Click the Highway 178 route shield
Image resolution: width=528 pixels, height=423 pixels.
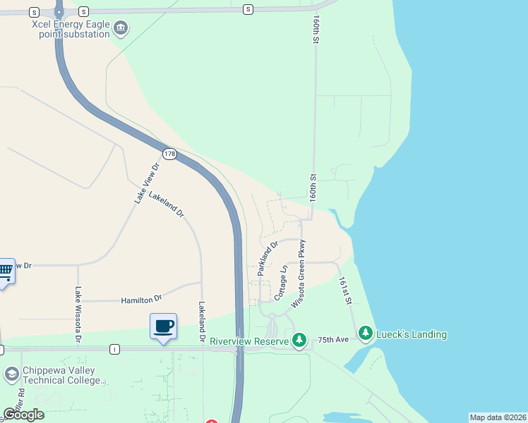click(169, 153)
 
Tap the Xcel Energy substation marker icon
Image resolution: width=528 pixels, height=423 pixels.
click(121, 28)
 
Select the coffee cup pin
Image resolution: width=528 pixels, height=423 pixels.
click(163, 326)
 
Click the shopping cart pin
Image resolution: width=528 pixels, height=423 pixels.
click(5, 270)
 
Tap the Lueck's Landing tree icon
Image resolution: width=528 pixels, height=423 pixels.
click(365, 332)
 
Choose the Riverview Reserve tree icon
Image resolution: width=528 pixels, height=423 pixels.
click(299, 341)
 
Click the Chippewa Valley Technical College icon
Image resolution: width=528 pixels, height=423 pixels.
click(11, 374)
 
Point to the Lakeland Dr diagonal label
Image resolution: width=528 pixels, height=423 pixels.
click(167, 204)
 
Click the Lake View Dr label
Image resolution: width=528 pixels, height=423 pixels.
click(148, 183)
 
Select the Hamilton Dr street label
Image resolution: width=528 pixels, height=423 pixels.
click(141, 298)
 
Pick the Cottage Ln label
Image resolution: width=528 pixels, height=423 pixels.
click(281, 283)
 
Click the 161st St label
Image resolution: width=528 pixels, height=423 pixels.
click(345, 290)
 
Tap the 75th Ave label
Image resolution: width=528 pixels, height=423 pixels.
click(333, 340)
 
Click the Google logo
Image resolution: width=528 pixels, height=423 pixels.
click(24, 414)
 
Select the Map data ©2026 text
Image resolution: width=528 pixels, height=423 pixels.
click(497, 417)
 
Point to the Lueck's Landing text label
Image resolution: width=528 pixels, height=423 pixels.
click(412, 333)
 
